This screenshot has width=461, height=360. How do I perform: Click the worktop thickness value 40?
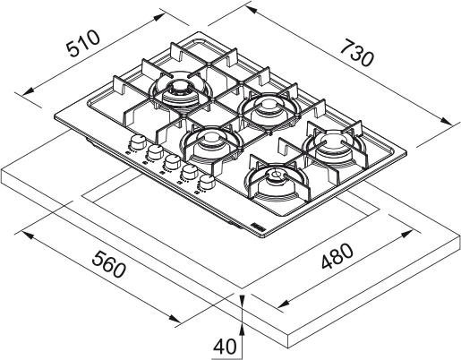[x=226, y=346]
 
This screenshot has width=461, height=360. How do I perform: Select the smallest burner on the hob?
[x=276, y=176]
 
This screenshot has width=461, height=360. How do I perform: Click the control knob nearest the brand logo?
[x=207, y=183]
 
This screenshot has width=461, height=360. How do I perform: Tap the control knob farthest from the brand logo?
[x=138, y=142]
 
